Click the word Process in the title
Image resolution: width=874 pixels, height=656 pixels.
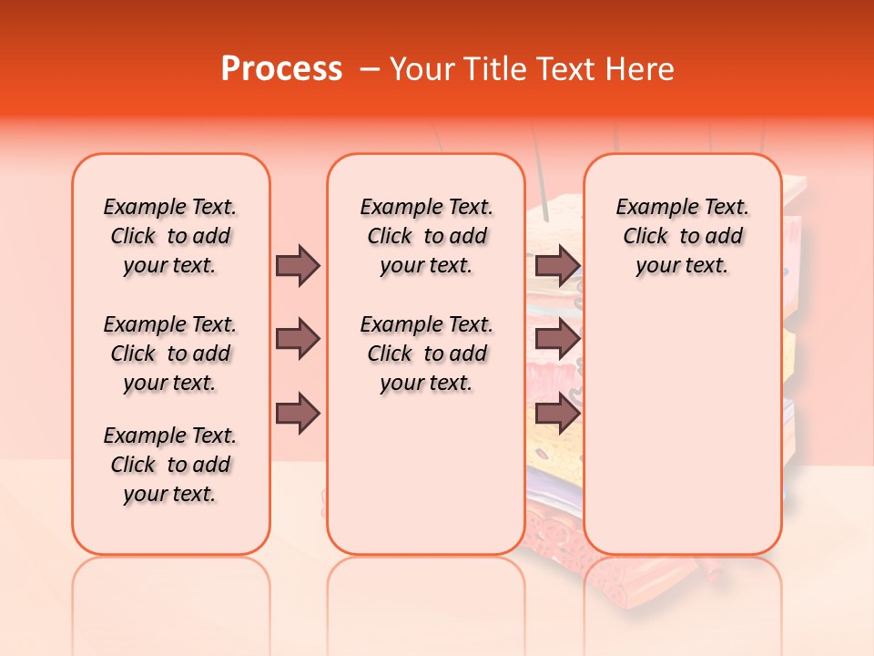tap(281, 68)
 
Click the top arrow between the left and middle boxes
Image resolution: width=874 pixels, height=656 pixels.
tap(298, 265)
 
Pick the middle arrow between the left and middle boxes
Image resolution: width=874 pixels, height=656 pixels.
tap(298, 340)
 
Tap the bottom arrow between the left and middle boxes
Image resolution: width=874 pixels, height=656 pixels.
tap(298, 414)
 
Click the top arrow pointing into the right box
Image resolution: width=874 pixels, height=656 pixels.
tap(556, 265)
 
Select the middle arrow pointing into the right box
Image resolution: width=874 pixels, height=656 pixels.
tap(556, 340)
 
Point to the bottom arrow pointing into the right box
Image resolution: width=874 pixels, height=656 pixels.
tap(556, 414)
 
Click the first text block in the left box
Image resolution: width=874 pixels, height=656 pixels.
tap(170, 236)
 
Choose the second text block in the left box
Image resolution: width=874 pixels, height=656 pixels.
tap(170, 354)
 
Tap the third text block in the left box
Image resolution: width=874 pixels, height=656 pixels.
tap(170, 465)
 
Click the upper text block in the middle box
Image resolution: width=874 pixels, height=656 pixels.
tap(426, 236)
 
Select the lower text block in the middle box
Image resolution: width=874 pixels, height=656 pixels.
tap(426, 354)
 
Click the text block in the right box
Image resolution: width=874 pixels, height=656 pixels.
tap(682, 236)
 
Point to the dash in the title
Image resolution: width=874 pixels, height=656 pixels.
tap(370, 69)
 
